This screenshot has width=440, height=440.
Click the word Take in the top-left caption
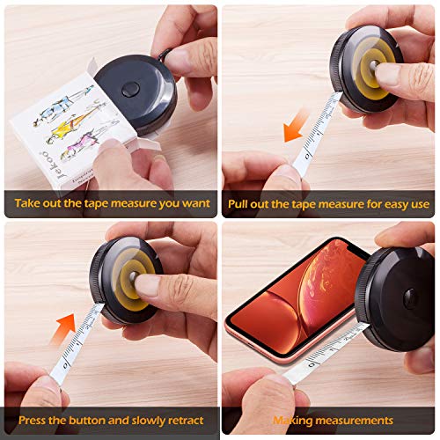pyautogui.click(x=27, y=203)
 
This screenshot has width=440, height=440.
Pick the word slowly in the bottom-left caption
pyautogui.click(x=144, y=419)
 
